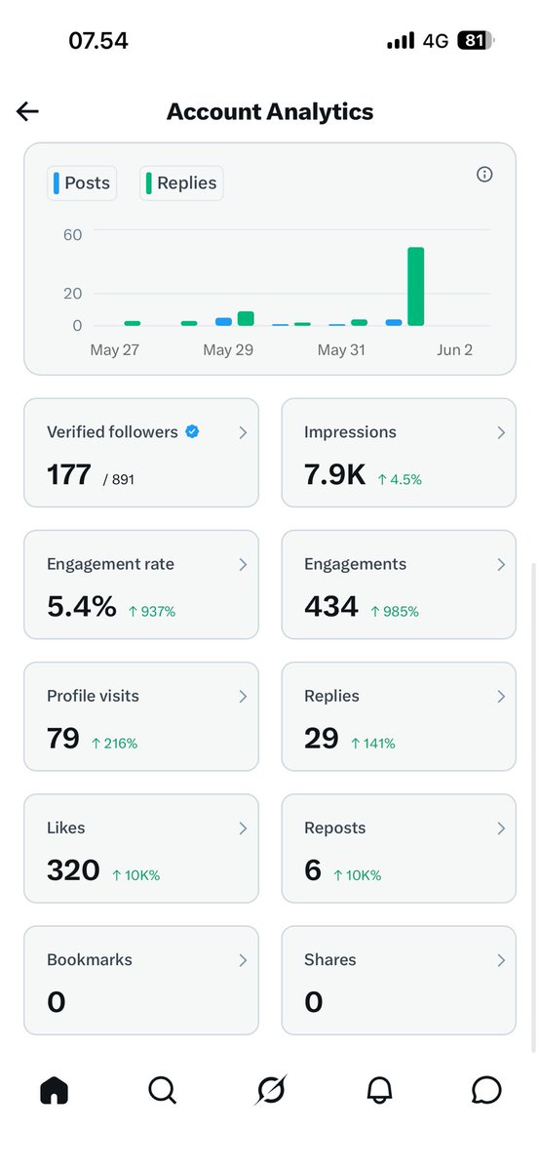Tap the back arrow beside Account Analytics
[27, 111]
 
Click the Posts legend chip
[82, 183]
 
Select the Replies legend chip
[181, 183]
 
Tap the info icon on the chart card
[484, 174]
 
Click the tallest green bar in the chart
[415, 287]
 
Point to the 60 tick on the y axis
[72, 235]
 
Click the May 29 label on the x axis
[228, 349]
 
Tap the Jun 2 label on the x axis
[454, 349]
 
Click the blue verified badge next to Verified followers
[192, 431]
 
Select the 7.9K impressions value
[334, 474]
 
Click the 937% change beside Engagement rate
[152, 611]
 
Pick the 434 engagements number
[331, 606]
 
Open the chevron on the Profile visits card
[243, 697]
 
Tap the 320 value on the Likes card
[73, 869]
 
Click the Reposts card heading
[334, 828]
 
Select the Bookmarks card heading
[90, 959]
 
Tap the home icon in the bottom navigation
[55, 1090]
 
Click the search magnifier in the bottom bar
[163, 1090]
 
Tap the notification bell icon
[379, 1090]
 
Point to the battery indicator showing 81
[476, 40]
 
